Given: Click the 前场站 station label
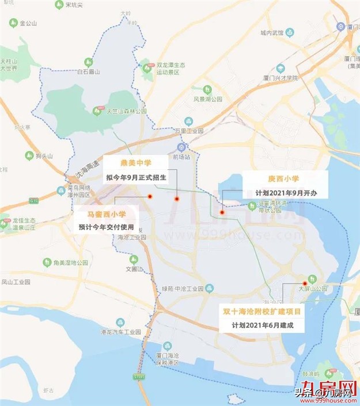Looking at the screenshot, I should [x=180, y=157].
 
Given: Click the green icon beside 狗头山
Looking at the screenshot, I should [x=28, y=155].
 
